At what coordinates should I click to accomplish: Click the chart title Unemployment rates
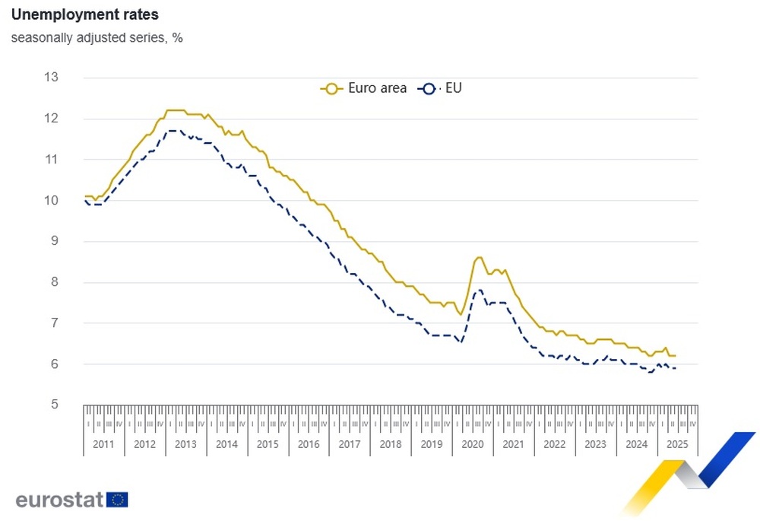pyautogui.click(x=85, y=15)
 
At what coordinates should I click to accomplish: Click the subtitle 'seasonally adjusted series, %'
pyautogui.click(x=97, y=37)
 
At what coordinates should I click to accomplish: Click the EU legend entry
pyautogui.click(x=442, y=88)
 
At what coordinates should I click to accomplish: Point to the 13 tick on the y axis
pyautogui.click(x=52, y=78)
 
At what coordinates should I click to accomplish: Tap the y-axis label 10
pyautogui.click(x=52, y=201)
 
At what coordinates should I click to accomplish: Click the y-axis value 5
pyautogui.click(x=54, y=405)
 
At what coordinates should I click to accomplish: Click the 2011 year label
pyautogui.click(x=103, y=444)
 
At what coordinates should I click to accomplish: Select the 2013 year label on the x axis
pyautogui.click(x=185, y=444)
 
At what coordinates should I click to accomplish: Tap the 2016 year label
pyautogui.click(x=309, y=444)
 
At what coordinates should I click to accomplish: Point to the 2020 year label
pyautogui.click(x=473, y=444)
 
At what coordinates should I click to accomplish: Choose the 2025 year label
pyautogui.click(x=677, y=444)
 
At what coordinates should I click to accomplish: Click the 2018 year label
pyautogui.click(x=391, y=444)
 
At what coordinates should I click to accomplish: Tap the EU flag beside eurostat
pyautogui.click(x=118, y=500)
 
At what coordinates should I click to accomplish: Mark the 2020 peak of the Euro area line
pyautogui.click(x=479, y=257)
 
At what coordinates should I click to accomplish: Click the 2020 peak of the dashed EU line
pyautogui.click(x=479, y=290)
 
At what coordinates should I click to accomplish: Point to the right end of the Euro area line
pyautogui.click(x=675, y=356)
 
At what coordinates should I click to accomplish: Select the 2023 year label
pyautogui.click(x=596, y=444)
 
